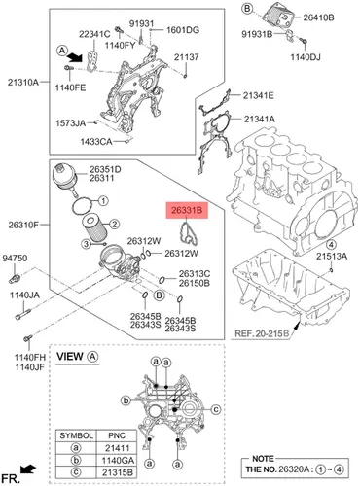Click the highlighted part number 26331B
point(187,211)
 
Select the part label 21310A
point(23,83)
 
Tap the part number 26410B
point(318,17)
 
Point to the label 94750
point(15,259)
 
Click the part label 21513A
point(332,257)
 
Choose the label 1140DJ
point(306,57)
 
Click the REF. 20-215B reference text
point(262,333)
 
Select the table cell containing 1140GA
point(118,461)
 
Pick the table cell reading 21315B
point(118,472)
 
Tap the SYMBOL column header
point(76,435)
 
